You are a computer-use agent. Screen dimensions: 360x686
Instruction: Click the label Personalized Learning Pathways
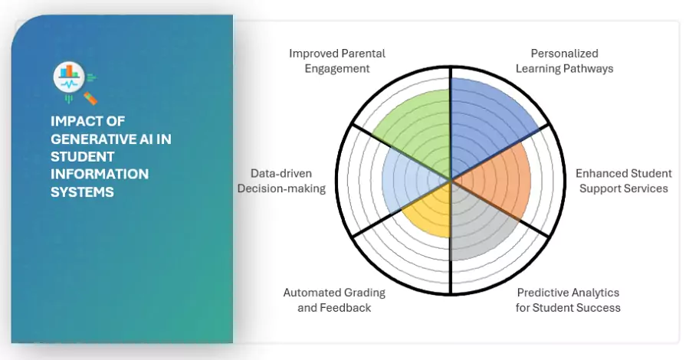coord(564,61)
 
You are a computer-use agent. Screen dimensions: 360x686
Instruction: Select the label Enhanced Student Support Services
coord(623,181)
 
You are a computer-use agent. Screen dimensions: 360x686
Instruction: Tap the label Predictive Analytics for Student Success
coord(568,299)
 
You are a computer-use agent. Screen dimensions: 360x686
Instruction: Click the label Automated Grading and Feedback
coord(334,299)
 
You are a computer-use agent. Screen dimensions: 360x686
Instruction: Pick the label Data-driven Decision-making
coord(281,181)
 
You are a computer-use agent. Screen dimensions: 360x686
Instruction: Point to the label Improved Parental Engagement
coord(336,61)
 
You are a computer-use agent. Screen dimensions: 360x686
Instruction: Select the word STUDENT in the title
coord(76,156)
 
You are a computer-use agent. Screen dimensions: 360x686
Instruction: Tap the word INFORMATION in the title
coord(99,174)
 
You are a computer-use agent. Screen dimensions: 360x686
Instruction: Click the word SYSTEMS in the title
coord(82,191)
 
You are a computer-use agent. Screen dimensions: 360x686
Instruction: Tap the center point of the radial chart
coord(450,180)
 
